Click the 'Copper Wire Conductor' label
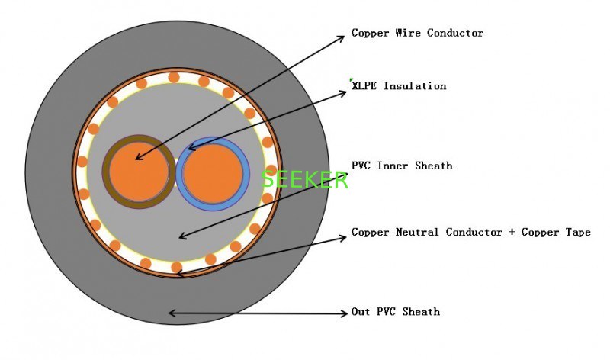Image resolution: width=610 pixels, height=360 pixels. click(417, 33)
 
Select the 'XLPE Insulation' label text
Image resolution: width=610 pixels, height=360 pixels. click(399, 86)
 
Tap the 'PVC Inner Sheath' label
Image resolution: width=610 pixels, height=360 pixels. click(402, 166)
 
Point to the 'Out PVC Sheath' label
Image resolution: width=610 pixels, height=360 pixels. click(396, 312)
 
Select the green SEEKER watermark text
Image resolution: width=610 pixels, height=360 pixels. click(305, 180)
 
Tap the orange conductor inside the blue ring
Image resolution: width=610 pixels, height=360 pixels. click(213, 173)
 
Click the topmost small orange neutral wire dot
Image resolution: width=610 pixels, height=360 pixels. click(174, 77)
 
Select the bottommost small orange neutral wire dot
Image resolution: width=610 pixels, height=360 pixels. click(177, 267)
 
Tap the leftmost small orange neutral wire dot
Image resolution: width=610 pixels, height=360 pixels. click(82, 162)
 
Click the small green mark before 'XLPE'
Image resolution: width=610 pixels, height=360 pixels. click(352, 79)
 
